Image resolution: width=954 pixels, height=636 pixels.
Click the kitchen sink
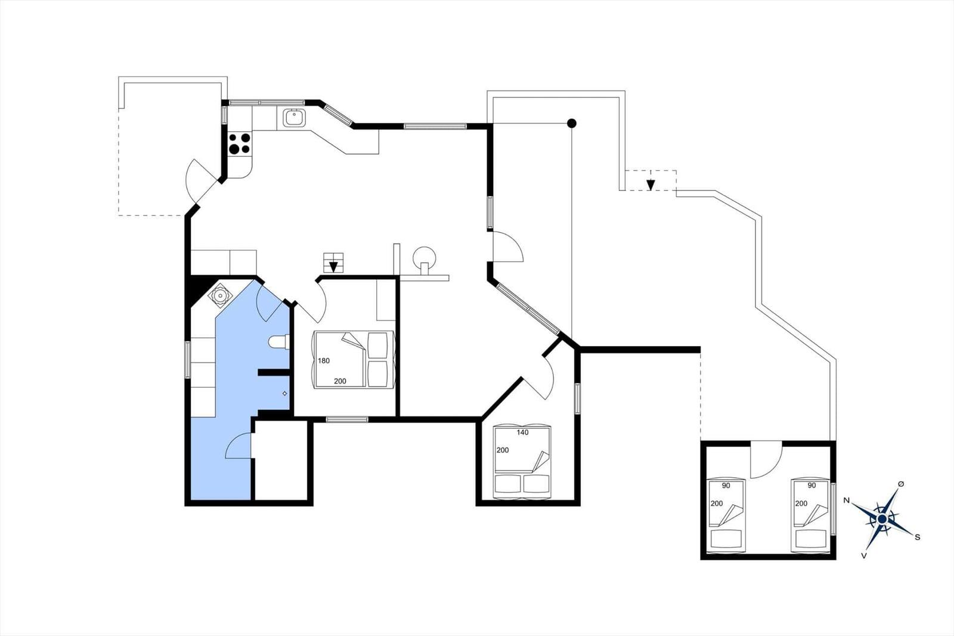click(x=294, y=118)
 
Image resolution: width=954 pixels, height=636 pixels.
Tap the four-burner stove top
click(x=239, y=143)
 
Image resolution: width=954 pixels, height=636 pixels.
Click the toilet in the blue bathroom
click(x=279, y=342)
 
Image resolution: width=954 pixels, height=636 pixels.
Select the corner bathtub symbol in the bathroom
click(x=220, y=295)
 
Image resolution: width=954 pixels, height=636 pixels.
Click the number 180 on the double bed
click(x=324, y=360)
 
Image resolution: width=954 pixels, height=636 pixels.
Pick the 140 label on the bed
click(x=522, y=432)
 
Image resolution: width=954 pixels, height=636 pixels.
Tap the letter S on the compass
click(x=918, y=537)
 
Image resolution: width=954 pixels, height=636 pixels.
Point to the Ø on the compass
click(x=901, y=484)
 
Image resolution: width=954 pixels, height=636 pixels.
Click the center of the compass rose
click(x=882, y=519)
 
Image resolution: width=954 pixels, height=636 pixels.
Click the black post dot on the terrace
click(x=572, y=123)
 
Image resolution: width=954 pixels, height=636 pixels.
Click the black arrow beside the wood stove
click(x=333, y=266)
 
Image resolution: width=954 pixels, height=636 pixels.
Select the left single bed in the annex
click(x=726, y=516)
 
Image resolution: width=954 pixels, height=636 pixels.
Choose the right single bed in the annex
click(x=811, y=516)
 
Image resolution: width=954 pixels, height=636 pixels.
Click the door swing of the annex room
click(x=767, y=461)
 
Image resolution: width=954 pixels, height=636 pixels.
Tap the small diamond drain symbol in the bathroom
click(x=284, y=393)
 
